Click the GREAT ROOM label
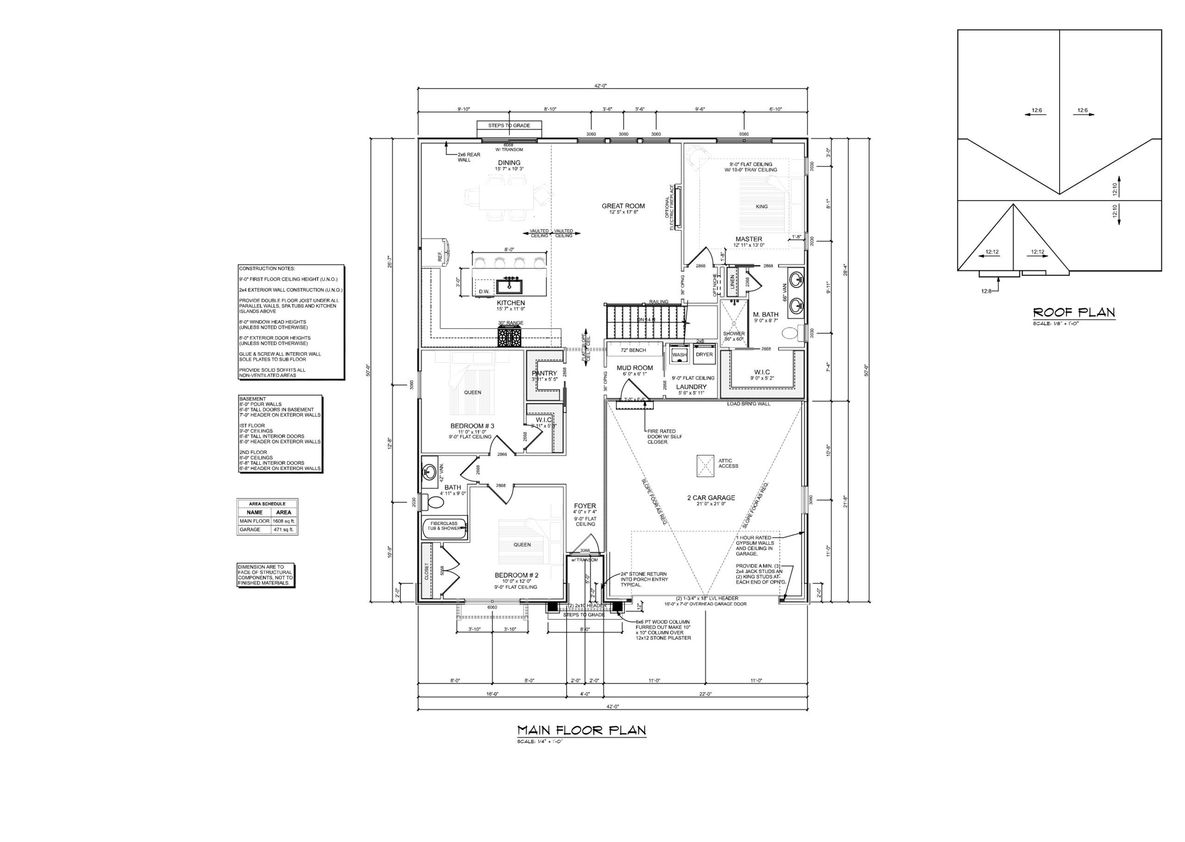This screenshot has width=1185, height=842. tap(623, 206)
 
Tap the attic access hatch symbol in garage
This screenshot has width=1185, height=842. tap(705, 465)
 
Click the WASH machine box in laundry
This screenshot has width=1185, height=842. tap(679, 354)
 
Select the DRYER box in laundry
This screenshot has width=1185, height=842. tap(704, 354)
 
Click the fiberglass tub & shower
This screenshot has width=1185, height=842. tap(445, 530)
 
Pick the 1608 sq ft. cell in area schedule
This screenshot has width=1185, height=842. tap(284, 521)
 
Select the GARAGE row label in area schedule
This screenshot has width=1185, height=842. tap(248, 530)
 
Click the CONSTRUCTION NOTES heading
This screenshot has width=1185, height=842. tap(267, 268)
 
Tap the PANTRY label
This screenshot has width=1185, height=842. tap(544, 373)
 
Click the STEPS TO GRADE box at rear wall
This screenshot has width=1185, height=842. tap(509, 125)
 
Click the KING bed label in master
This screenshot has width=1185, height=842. tap(761, 206)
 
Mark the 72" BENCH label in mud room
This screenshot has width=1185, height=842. tap(633, 350)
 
